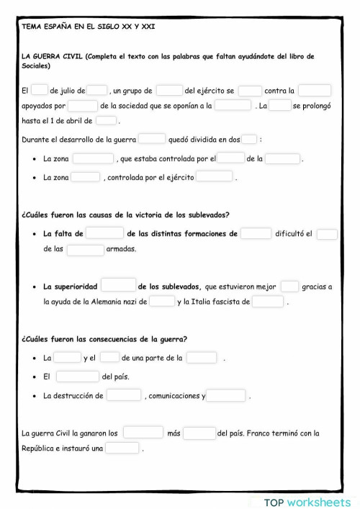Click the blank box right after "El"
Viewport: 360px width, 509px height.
(x=40, y=91)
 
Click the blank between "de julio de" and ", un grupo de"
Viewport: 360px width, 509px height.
(x=97, y=91)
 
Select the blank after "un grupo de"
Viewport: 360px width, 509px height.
(x=169, y=91)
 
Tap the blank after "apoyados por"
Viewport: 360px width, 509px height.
(x=83, y=106)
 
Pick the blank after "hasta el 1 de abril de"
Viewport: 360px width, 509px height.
(x=106, y=121)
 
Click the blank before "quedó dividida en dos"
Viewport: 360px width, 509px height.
(x=152, y=140)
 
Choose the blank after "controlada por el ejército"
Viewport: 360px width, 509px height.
(x=215, y=177)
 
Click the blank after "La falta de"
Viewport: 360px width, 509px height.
(x=105, y=233)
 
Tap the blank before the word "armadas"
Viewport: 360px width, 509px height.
(x=86, y=249)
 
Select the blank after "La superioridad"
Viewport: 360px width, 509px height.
(x=119, y=286)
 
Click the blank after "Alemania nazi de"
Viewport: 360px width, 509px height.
(x=162, y=302)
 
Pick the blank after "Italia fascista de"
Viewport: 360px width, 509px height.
(x=268, y=302)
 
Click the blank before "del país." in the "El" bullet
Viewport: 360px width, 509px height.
(x=77, y=377)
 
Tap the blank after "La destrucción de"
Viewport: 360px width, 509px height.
(x=124, y=395)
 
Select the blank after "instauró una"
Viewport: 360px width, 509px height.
(x=122, y=449)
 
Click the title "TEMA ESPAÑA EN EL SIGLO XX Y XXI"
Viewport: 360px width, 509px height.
(x=88, y=26)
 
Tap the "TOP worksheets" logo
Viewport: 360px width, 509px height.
(x=307, y=501)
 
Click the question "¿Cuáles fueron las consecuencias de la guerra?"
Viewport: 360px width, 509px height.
(x=104, y=339)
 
